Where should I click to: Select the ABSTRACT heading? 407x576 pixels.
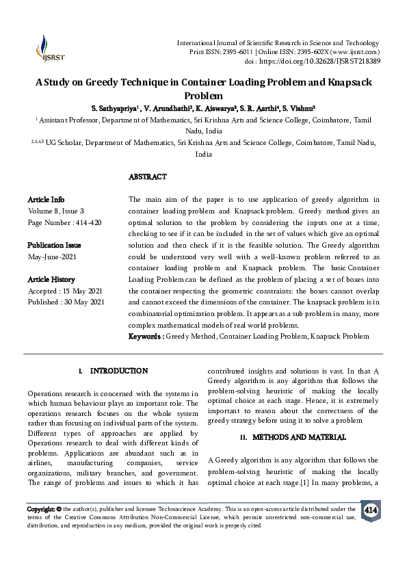point(148,177)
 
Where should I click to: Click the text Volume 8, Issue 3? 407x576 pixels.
point(55,211)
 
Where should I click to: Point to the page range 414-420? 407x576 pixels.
point(89,222)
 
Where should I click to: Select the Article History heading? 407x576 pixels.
point(51,280)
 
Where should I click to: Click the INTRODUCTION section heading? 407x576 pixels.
point(119,371)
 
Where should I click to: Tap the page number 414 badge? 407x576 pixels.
point(371,510)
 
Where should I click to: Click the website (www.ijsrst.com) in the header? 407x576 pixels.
point(356,52)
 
